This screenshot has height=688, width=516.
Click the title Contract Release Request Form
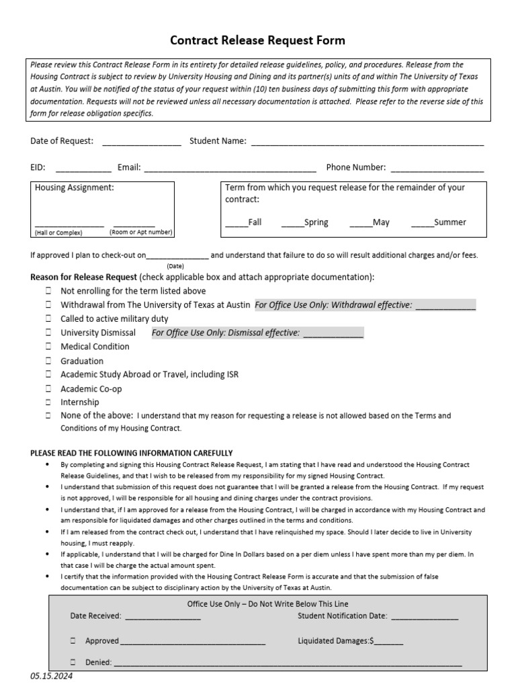click(257, 40)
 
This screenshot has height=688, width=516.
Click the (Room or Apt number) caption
click(141, 232)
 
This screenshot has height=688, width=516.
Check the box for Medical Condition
click(49, 347)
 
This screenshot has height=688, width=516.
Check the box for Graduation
click(49, 361)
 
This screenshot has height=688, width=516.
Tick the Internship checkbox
click(49, 402)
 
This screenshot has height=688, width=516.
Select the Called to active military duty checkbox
click(49, 319)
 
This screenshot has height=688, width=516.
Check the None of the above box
click(49, 416)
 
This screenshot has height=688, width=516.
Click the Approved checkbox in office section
click(73, 641)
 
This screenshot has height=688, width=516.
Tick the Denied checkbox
click(73, 662)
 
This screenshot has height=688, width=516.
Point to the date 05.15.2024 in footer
click(51, 677)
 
